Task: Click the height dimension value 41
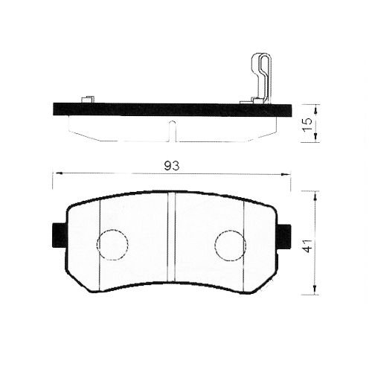tap(307, 245)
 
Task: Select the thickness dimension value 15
tap(307, 123)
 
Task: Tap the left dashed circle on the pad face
tap(113, 243)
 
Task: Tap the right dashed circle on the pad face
tap(230, 243)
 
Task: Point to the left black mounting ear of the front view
tap(59, 236)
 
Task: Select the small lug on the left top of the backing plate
tap(87, 99)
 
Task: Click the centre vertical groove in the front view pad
tap(172, 238)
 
